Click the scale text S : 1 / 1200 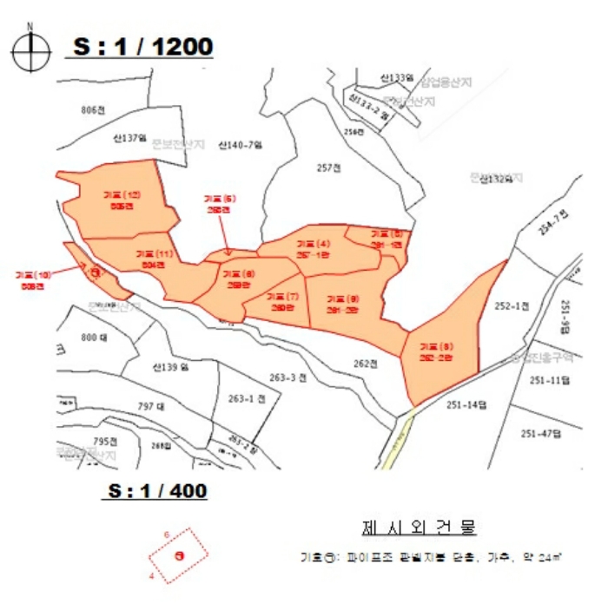click(141, 46)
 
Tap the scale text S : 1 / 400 click(156, 491)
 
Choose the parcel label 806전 click(91, 110)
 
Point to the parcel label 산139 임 click(169, 367)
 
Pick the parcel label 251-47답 click(539, 432)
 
